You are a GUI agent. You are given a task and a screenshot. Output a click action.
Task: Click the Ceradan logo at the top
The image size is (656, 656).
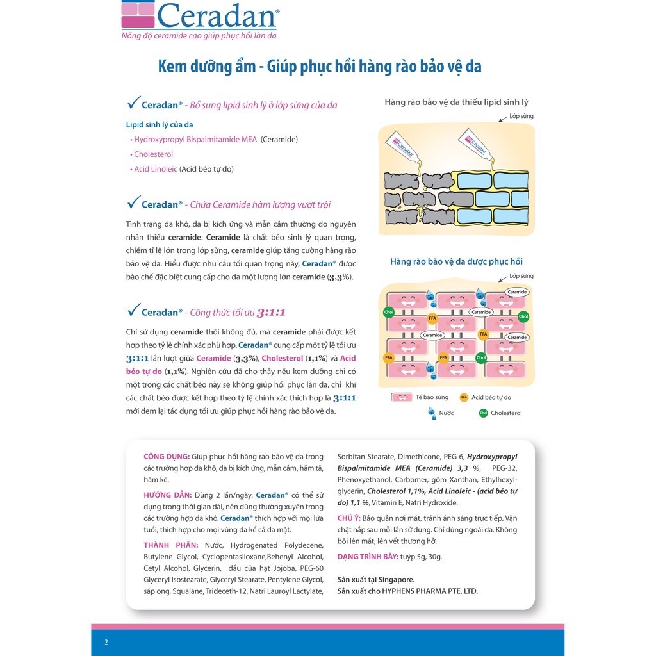pyautogui.click(x=200, y=15)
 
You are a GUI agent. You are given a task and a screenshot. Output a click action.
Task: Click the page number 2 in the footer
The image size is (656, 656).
pyautogui.click(x=106, y=642)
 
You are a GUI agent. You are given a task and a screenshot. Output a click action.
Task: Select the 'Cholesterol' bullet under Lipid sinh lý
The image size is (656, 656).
pyautogui.click(x=153, y=154)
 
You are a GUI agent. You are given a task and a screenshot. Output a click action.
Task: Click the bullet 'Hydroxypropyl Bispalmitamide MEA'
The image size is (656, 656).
pyautogui.click(x=195, y=139)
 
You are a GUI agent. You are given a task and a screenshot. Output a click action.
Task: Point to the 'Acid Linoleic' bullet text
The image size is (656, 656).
pyautogui.click(x=156, y=169)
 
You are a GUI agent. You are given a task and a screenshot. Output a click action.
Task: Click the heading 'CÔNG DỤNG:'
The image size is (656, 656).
pyautogui.click(x=167, y=457)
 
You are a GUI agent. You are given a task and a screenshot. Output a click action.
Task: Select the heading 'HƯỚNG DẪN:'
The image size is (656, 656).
pyautogui.click(x=167, y=495)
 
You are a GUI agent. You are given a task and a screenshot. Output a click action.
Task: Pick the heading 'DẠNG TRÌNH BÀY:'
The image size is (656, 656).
pyautogui.click(x=368, y=557)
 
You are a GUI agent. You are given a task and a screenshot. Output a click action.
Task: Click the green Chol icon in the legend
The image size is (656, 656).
pyautogui.click(x=483, y=413)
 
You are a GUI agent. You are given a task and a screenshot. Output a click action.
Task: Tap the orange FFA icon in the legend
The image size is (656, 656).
pyautogui.click(x=464, y=398)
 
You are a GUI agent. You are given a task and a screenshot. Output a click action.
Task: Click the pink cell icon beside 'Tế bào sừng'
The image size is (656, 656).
pyautogui.click(x=402, y=398)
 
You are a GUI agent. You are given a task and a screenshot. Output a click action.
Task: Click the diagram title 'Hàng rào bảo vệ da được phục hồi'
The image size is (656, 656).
pyautogui.click(x=456, y=262)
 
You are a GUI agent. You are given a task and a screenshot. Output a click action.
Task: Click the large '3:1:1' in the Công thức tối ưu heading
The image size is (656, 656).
pyautogui.click(x=271, y=313)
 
